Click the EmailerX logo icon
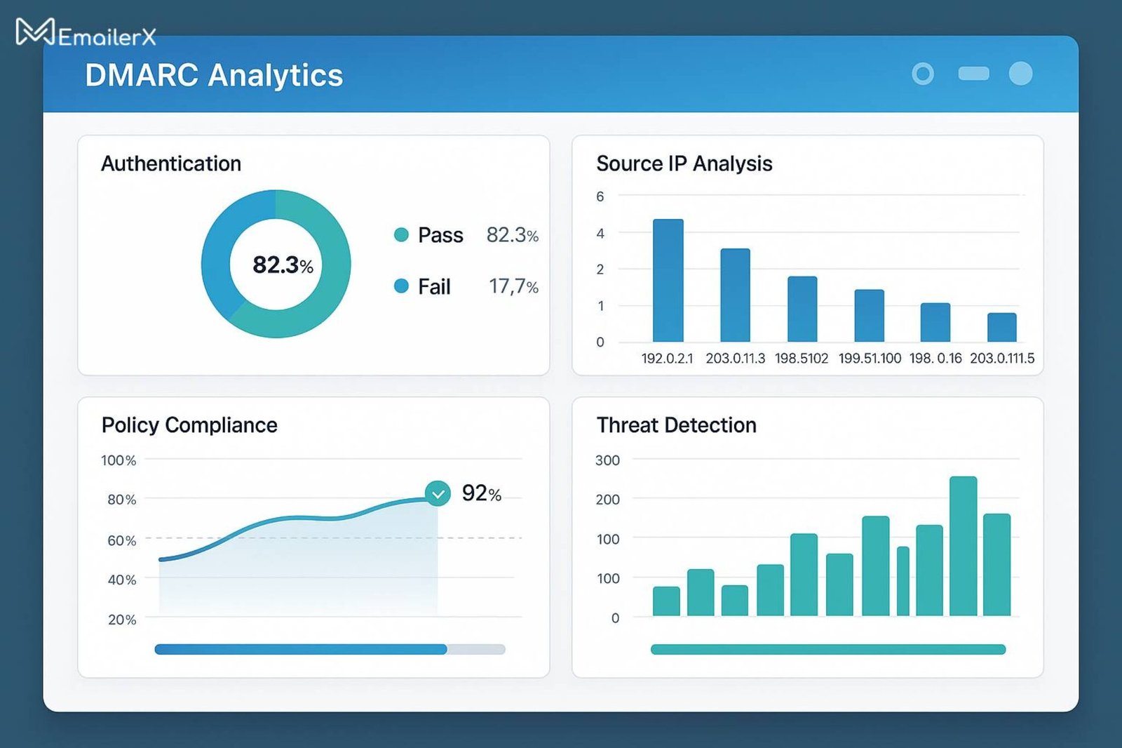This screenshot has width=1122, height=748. click(34, 32)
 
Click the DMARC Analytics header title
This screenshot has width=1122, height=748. click(214, 75)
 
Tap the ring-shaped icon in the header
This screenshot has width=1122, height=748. click(923, 74)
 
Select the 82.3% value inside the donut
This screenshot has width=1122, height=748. click(283, 265)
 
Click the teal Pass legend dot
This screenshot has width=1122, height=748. click(401, 235)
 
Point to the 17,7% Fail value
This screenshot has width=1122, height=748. click(513, 286)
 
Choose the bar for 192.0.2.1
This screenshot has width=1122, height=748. click(668, 281)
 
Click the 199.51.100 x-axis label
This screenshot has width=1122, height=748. click(870, 359)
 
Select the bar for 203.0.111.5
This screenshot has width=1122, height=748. click(1001, 328)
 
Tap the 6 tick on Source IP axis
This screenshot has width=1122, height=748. click(600, 196)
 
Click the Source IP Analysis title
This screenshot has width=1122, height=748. click(684, 163)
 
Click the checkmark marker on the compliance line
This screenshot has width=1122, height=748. click(438, 494)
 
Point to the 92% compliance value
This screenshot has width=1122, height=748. click(481, 493)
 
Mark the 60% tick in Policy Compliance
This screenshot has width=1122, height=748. click(121, 540)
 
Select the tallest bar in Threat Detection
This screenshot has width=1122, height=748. click(963, 546)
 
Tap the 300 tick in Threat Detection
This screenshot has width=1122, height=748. click(607, 460)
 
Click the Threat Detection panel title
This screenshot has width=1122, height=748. click(676, 425)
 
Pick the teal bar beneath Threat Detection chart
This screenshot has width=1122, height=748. click(827, 650)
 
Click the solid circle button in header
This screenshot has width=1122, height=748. click(1020, 74)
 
